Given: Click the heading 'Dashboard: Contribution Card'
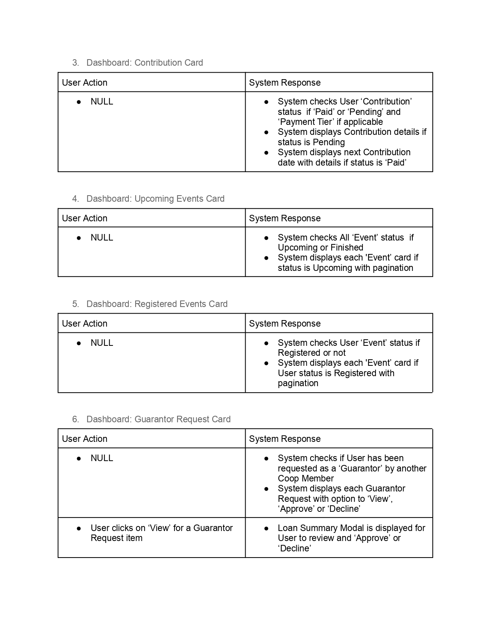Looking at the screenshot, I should pos(145,63).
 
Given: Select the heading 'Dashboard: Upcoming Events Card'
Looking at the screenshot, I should pos(155,199).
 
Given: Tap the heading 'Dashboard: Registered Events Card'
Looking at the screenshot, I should pos(157,304).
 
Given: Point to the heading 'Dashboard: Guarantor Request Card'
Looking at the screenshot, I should pos(158,419).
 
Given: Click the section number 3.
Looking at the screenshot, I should pos(75,63).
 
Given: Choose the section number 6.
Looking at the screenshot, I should pos(75,419).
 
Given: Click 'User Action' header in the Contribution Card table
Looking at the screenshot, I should pos(85,83).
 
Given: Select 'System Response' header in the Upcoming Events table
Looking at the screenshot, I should pos(285,218).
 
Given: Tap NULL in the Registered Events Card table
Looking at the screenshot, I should pos(102,343).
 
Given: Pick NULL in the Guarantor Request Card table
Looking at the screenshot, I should pos(102,458).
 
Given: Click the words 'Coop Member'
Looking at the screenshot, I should pos(306,478).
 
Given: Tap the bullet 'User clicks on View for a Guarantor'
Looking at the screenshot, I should pos(161,528).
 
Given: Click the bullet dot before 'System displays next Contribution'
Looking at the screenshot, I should pos(266,153).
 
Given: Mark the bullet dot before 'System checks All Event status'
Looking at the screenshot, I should pos(266,238).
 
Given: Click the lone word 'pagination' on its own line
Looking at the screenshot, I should pos(298,383).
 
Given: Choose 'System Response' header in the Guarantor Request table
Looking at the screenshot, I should pos(285,439).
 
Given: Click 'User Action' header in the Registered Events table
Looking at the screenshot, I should pos(85,324).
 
